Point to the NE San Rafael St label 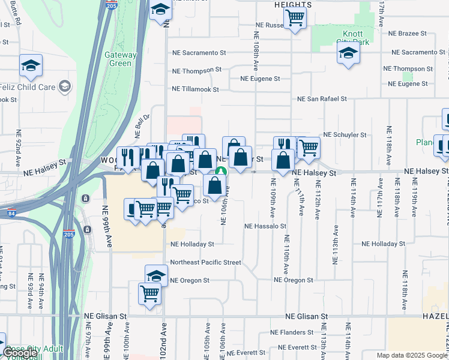coord(322,98)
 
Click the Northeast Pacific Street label coord(205,262)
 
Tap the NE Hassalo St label coord(265,227)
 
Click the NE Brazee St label coord(407,34)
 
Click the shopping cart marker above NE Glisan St coord(149,294)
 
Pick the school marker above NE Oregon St coord(156,275)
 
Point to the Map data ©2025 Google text coord(411,355)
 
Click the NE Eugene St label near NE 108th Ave coord(260,79)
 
